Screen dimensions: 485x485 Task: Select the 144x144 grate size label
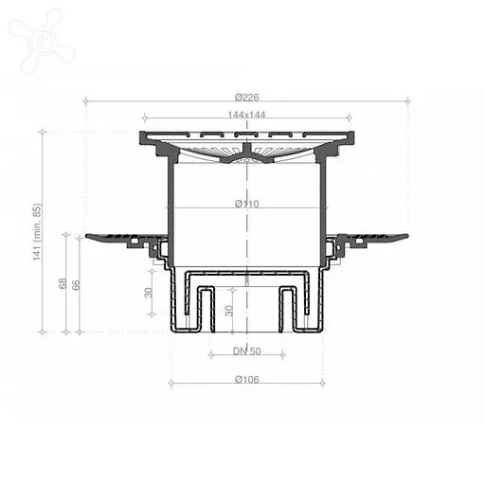246,115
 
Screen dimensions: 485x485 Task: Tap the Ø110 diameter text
247,203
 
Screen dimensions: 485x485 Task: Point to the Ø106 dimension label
246,379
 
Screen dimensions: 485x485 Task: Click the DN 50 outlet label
246,350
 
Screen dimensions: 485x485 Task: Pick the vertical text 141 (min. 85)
38,231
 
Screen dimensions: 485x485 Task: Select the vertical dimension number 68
63,284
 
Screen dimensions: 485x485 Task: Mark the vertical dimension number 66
77,285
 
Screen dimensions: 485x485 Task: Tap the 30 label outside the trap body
149,293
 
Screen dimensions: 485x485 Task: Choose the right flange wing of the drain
377,237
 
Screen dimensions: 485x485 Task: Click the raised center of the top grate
246,152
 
